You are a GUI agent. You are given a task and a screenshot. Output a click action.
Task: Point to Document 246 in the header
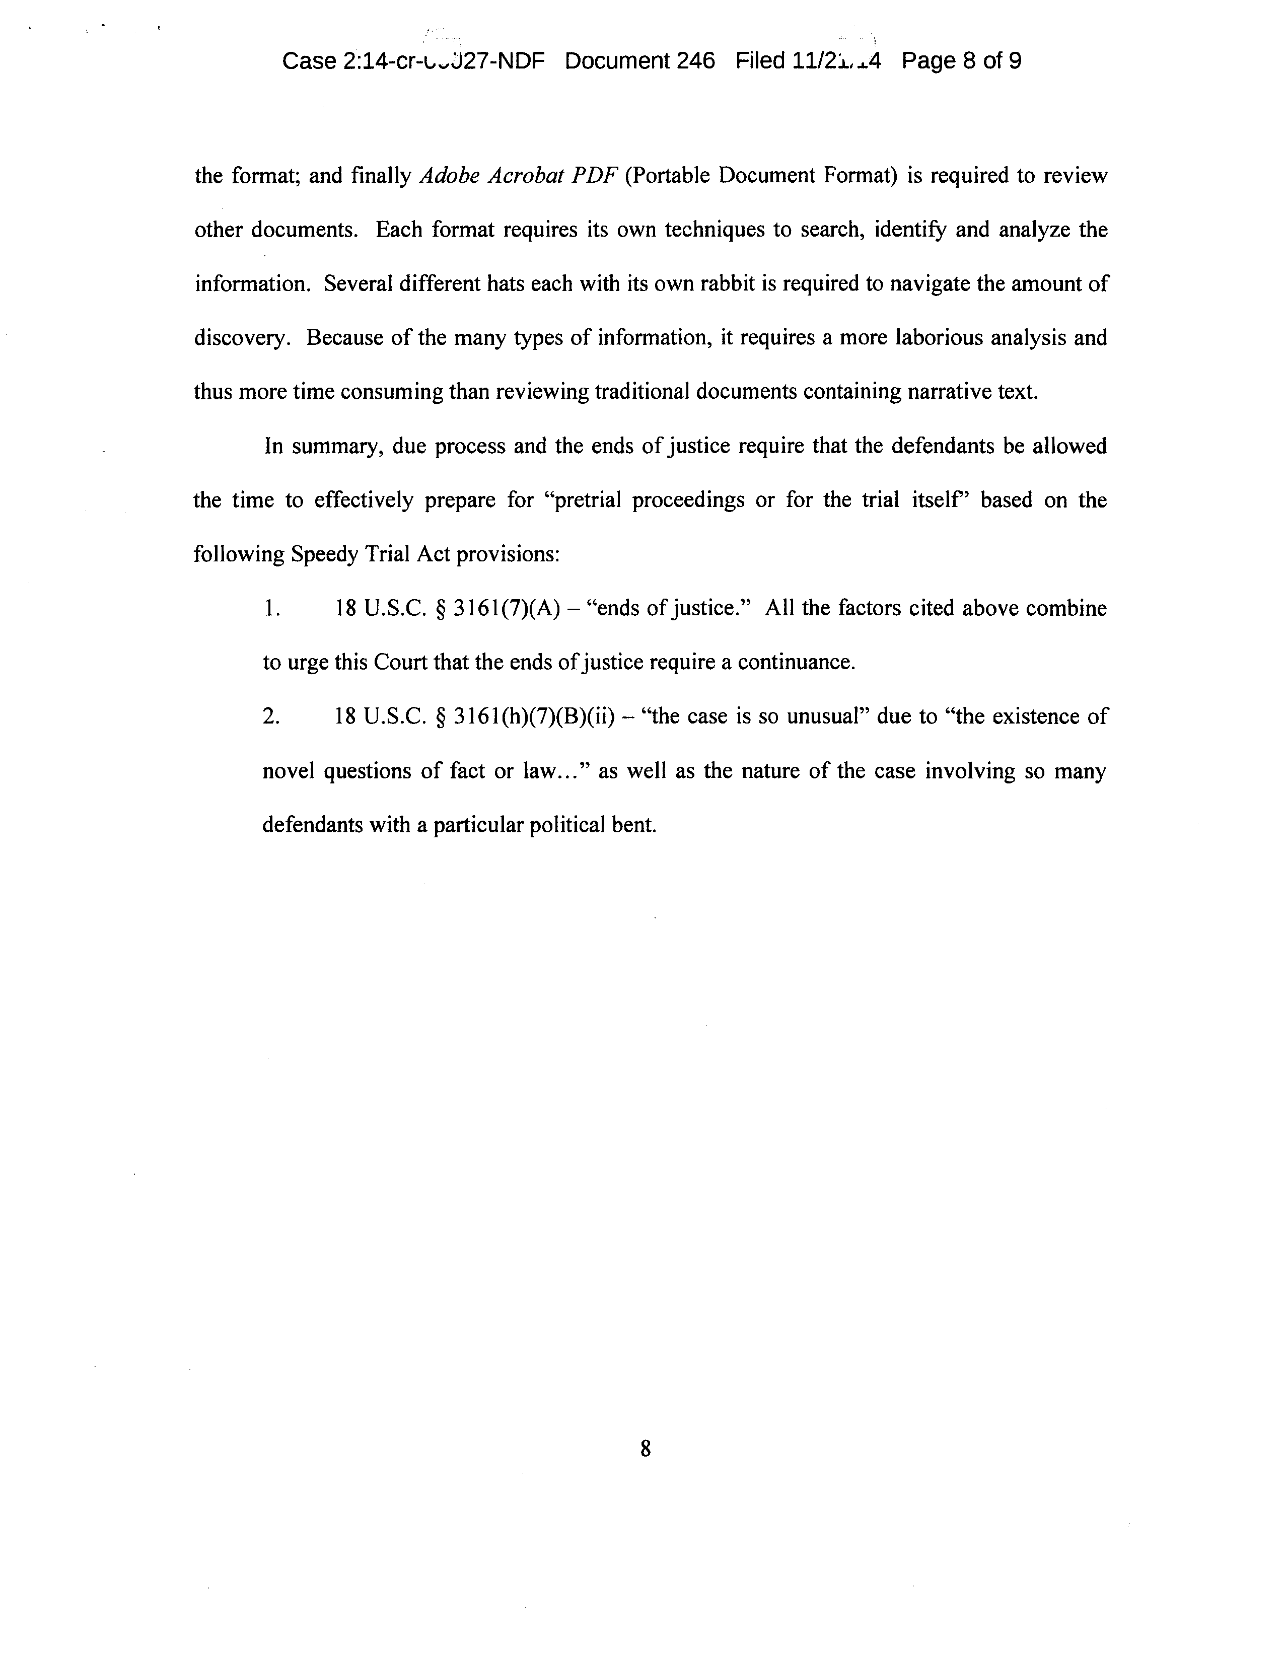pos(639,61)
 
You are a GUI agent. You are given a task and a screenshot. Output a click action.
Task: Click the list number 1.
pos(271,609)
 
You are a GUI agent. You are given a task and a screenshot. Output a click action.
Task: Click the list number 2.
pos(271,717)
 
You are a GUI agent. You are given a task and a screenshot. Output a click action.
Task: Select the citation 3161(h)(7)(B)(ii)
pos(533,717)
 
